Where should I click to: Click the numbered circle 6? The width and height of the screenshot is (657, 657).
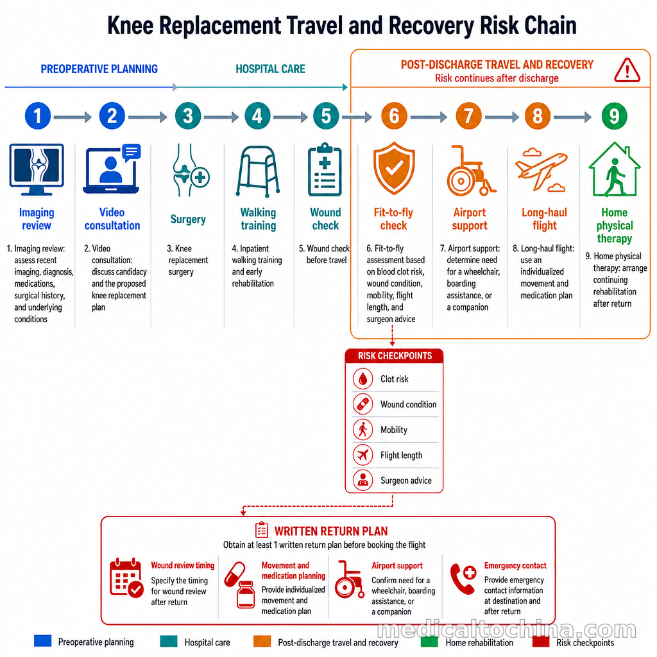pos(394,116)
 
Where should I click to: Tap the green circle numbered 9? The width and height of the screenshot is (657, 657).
pos(614,116)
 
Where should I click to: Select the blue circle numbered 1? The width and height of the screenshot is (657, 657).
pos(38,116)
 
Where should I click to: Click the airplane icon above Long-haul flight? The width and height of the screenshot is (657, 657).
pos(541,169)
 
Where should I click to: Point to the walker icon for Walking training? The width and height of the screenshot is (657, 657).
pos(258,171)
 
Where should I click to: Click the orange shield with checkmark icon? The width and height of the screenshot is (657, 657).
pos(394,168)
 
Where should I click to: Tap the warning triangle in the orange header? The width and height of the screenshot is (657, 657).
pos(627,70)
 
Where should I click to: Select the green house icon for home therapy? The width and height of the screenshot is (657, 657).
pos(614,169)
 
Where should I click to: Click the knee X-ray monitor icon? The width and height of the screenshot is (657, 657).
pos(37,169)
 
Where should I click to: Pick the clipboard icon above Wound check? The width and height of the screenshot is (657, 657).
pos(325,169)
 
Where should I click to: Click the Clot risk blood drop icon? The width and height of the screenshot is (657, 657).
pos(363,379)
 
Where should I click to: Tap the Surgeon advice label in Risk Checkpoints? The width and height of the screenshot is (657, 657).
pos(405,481)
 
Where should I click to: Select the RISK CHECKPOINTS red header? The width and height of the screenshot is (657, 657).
pos(394,355)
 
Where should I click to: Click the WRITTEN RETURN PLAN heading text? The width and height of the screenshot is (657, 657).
pos(331,531)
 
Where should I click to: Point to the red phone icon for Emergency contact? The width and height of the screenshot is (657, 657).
pos(463,579)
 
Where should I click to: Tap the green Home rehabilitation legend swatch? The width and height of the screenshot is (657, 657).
pos(429,642)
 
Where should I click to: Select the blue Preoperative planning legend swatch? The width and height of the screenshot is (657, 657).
pos(43,641)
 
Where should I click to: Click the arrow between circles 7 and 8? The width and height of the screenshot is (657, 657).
pos(502,117)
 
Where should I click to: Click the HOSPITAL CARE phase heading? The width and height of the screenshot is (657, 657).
pos(270,69)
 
